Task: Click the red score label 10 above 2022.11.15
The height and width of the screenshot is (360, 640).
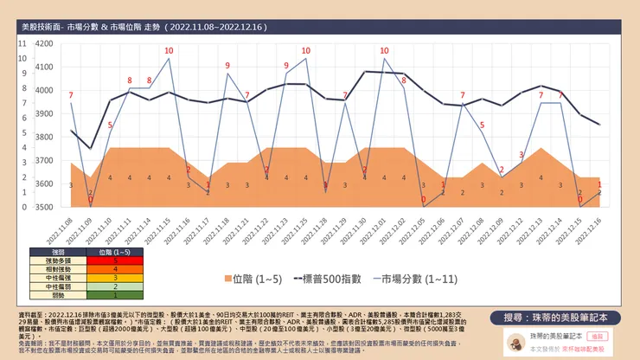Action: point(169,50)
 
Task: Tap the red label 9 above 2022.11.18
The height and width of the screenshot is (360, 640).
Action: point(227,66)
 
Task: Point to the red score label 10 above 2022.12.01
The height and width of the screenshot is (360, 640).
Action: point(384,50)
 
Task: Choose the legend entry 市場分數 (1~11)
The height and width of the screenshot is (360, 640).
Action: point(415,280)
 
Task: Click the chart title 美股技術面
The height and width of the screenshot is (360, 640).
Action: point(41,28)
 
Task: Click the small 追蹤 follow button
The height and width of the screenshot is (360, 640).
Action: point(595,332)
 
